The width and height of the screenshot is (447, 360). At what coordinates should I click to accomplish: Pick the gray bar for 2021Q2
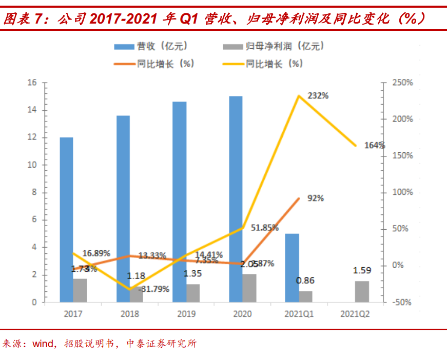(362, 291)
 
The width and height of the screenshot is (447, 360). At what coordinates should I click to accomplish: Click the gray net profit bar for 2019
(193, 293)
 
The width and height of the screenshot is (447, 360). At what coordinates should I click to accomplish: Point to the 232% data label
(318, 96)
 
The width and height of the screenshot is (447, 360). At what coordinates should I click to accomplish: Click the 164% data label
(375, 145)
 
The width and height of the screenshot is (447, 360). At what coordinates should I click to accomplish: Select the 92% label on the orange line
(316, 198)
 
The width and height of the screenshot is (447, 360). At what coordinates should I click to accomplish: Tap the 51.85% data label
(265, 228)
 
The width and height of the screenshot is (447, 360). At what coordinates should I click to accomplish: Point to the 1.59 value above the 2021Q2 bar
(362, 270)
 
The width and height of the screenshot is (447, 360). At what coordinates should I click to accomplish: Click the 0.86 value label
(305, 281)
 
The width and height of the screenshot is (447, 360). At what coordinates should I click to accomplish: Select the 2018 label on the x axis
(129, 314)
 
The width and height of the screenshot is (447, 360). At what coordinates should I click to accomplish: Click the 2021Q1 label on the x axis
(299, 314)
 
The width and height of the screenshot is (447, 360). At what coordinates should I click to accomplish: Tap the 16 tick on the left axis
(32, 83)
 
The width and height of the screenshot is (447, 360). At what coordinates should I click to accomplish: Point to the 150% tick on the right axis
(402, 156)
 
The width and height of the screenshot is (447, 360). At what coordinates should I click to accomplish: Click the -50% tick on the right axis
(402, 303)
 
